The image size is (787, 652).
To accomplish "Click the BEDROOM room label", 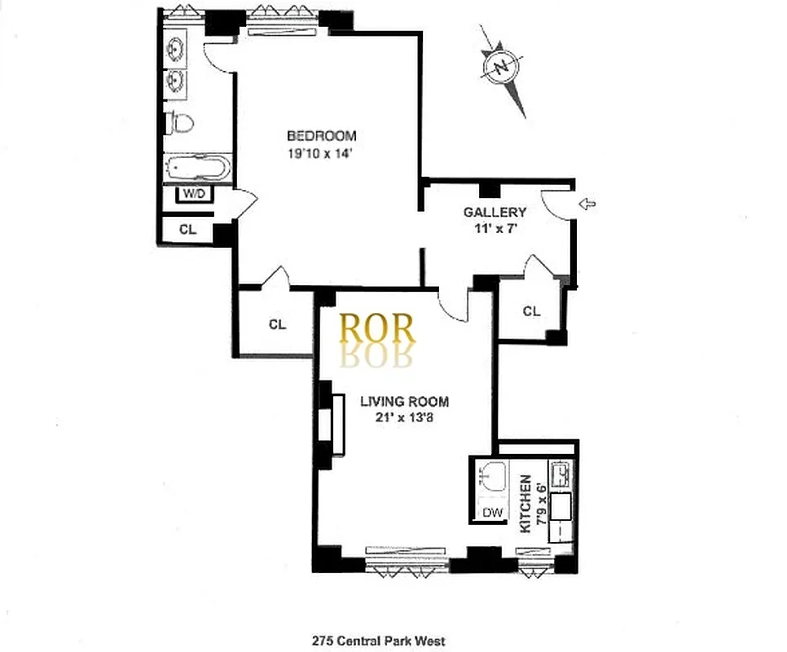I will [321, 135].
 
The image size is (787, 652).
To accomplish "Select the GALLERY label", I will [489, 213].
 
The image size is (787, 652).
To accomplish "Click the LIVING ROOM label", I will [404, 402].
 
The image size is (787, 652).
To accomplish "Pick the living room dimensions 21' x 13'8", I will [404, 418].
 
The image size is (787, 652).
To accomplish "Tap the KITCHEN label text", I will [525, 504].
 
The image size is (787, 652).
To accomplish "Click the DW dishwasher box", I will [491, 513].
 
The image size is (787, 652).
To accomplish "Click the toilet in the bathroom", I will [181, 123].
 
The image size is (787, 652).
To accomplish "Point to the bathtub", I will [198, 170].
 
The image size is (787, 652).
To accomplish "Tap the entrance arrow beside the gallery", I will [586, 204].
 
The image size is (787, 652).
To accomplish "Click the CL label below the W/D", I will [188, 230].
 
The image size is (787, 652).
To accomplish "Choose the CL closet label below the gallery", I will [531, 311].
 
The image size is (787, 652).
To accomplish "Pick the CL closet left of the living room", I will [277, 324].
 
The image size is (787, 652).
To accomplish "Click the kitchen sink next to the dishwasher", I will [491, 478].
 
